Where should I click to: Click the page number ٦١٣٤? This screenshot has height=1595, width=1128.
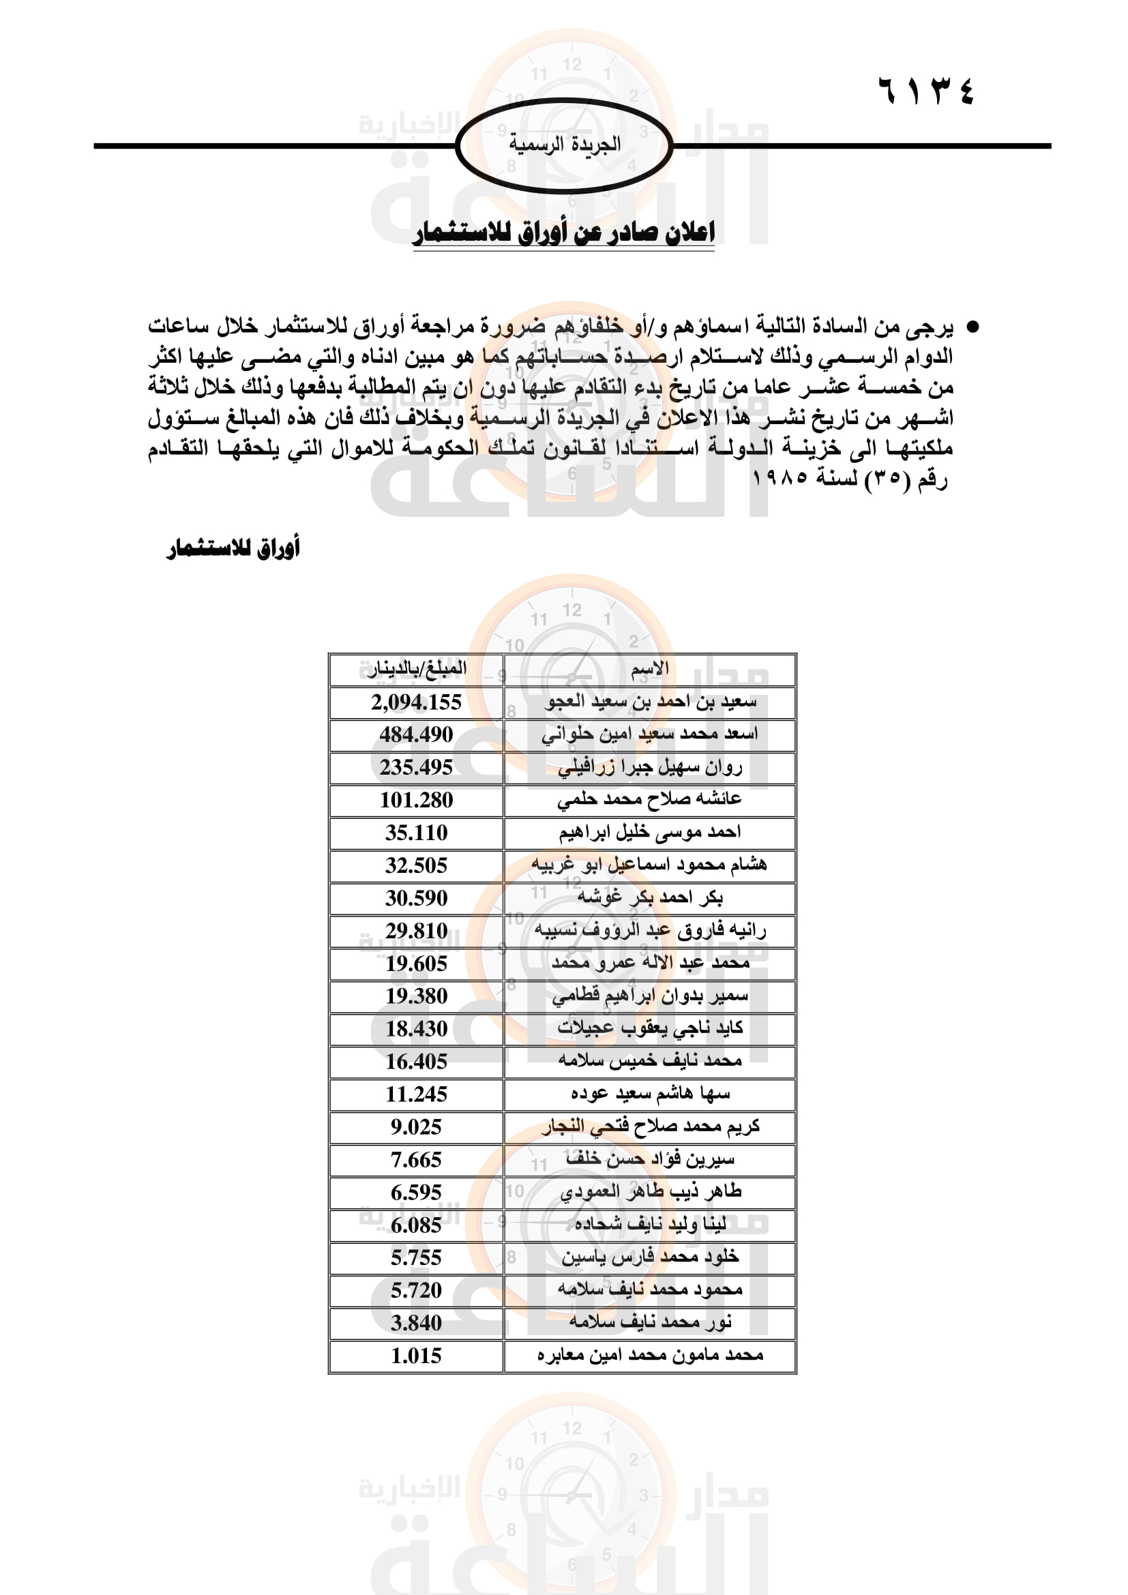click(x=926, y=90)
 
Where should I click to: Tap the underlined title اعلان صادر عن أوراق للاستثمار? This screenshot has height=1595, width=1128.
click(x=563, y=233)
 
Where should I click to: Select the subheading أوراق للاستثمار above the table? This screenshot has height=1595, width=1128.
click(x=233, y=548)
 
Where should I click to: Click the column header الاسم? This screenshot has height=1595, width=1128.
click(x=649, y=669)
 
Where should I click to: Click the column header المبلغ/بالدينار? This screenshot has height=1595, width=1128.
click(x=417, y=669)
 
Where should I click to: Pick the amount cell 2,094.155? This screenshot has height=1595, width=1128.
click(x=416, y=702)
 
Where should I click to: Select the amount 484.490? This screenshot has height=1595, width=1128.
click(x=416, y=734)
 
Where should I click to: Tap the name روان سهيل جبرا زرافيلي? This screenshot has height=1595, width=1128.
click(x=649, y=768)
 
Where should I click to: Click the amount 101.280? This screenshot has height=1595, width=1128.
click(x=416, y=801)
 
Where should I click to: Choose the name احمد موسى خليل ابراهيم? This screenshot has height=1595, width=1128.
click(x=649, y=832)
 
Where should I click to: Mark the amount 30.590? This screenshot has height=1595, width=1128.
click(x=416, y=898)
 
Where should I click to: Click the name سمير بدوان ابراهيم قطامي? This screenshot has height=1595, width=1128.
click(x=649, y=996)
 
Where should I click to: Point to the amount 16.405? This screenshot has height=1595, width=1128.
click(x=416, y=1062)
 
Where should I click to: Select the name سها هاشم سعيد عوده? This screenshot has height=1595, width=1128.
click(x=649, y=1094)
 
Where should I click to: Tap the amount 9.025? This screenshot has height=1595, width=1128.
click(x=416, y=1127)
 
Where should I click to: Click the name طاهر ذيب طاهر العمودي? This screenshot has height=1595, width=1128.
click(x=649, y=1192)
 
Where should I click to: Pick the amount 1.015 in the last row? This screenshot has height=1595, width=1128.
click(x=416, y=1356)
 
